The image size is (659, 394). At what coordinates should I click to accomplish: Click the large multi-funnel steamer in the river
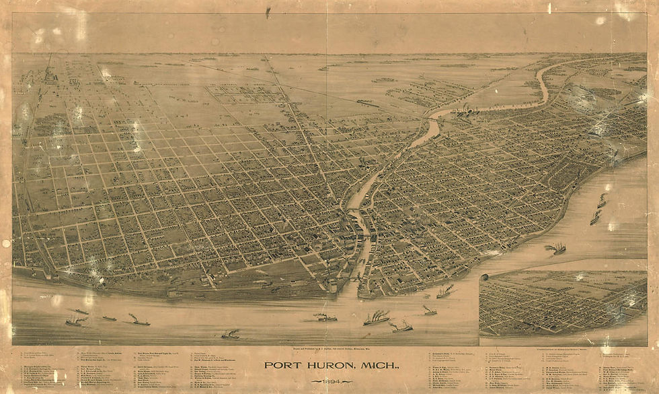[377, 317]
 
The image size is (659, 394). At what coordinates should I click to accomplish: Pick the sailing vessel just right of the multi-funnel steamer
[402, 327]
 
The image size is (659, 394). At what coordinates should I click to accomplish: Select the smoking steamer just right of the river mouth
[445, 292]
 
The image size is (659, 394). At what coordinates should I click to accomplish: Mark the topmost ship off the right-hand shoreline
[602, 200]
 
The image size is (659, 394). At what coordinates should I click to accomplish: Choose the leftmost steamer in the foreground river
[75, 321]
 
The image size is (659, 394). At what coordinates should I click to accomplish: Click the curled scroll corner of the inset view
[484, 276]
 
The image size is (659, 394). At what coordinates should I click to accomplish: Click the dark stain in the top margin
[268, 12]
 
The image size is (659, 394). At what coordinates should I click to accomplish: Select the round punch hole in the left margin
[6, 243]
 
